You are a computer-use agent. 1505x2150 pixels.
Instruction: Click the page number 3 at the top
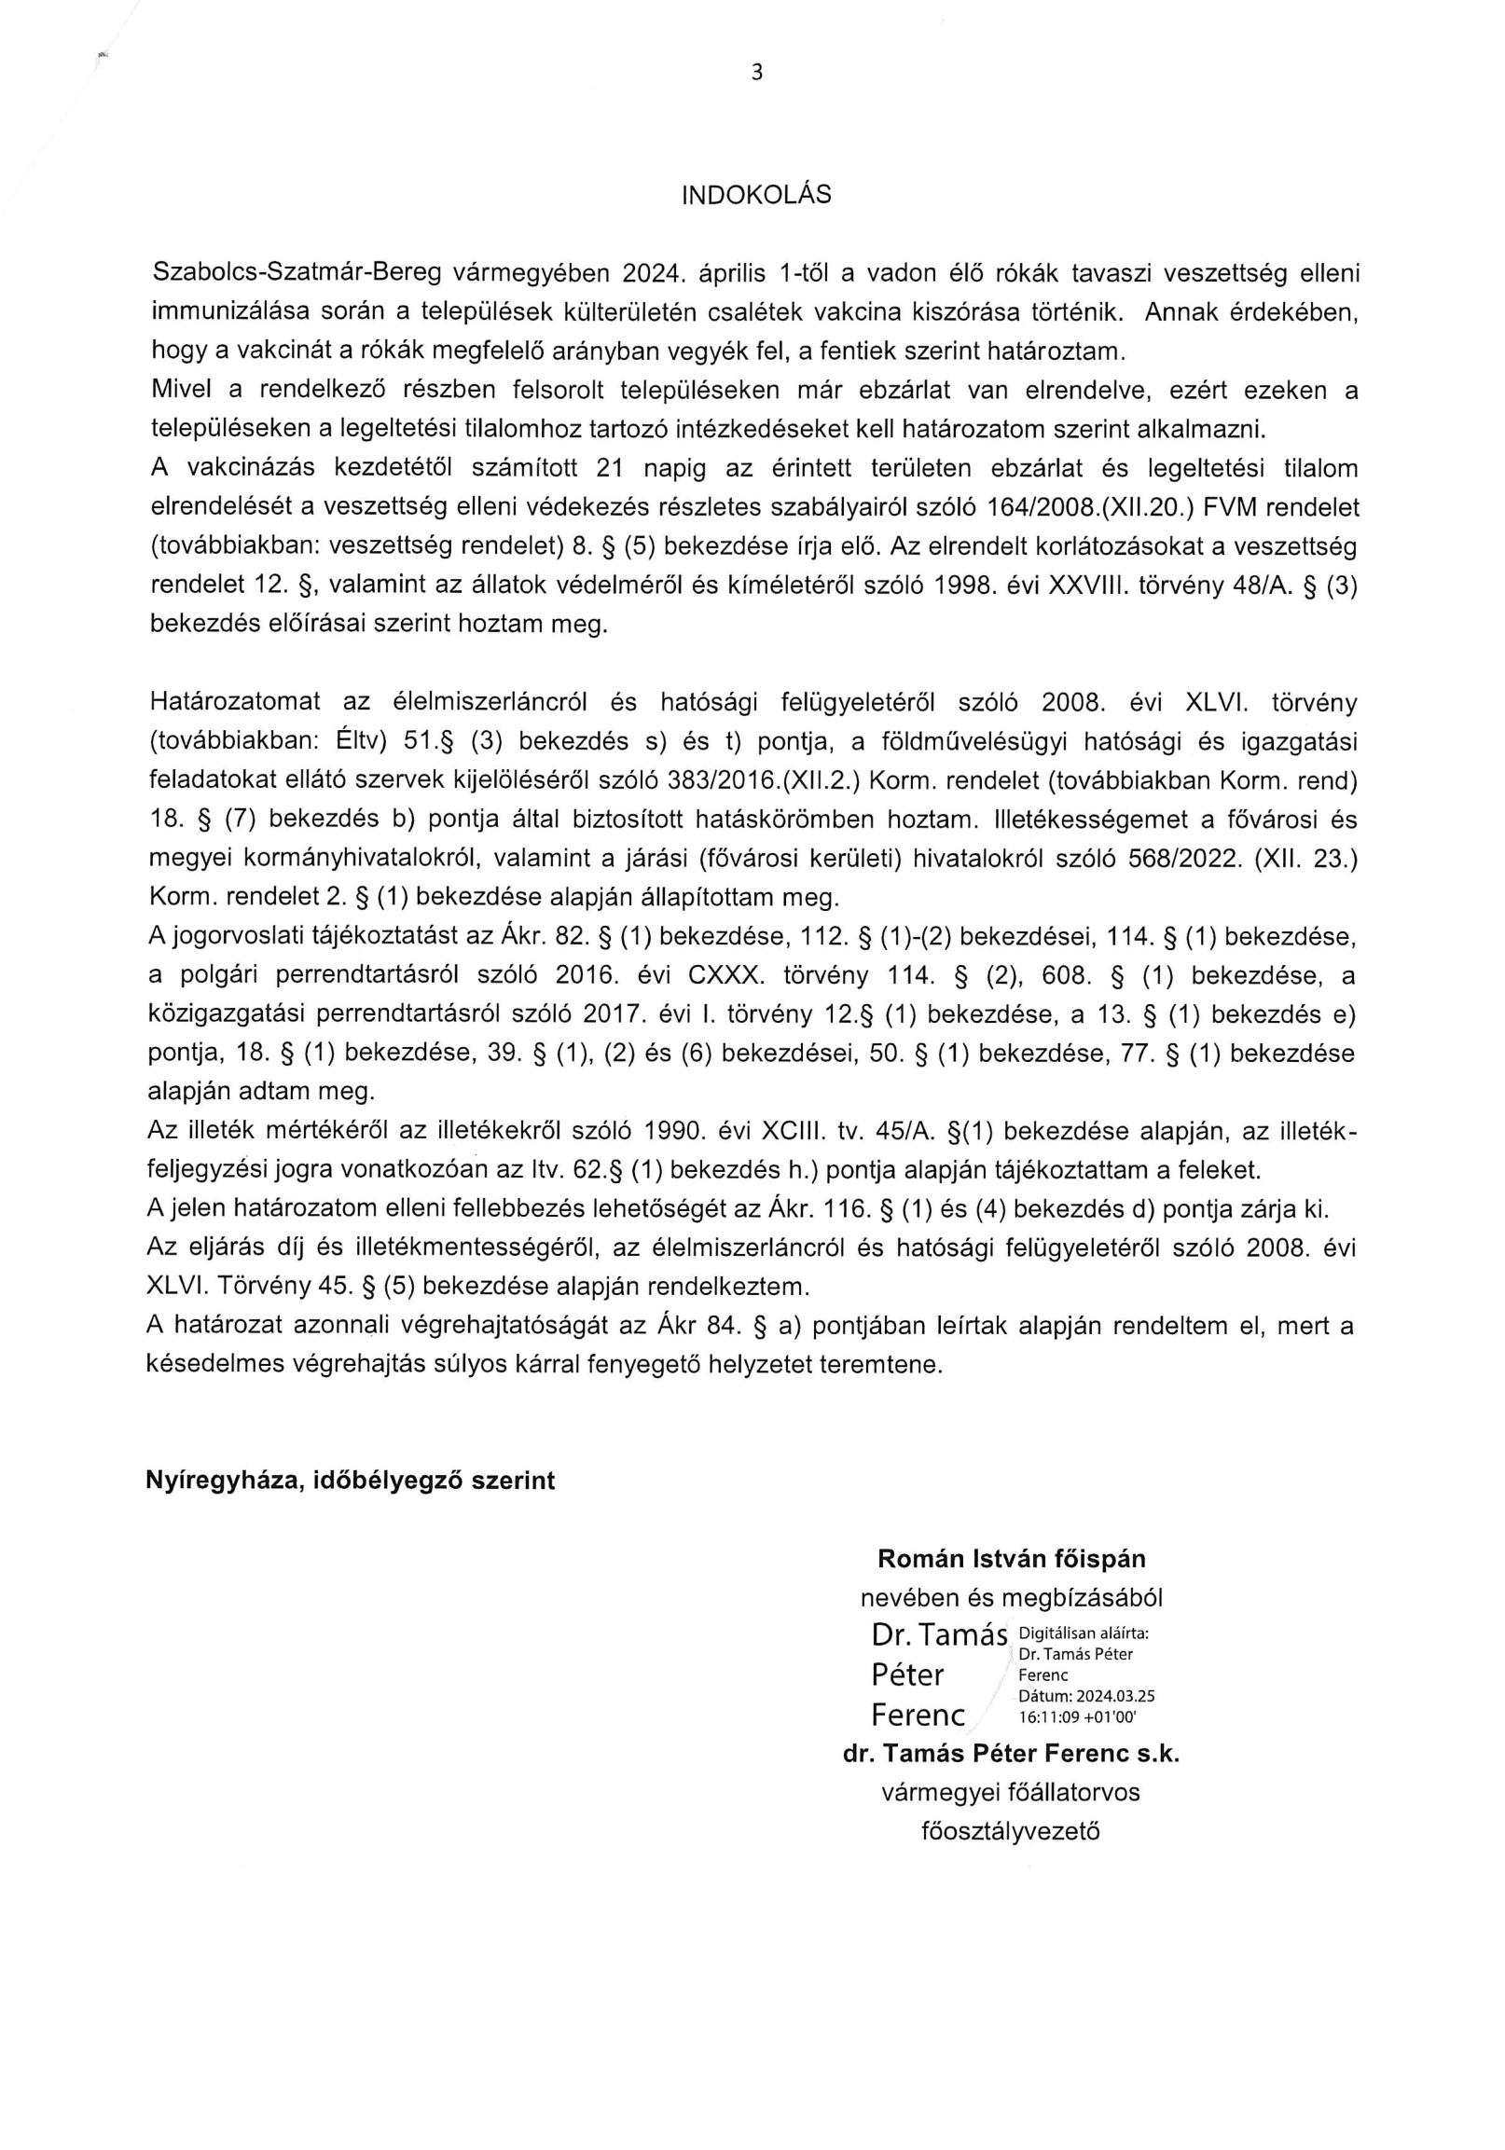click(757, 73)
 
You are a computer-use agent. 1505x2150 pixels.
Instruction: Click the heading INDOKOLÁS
click(756, 196)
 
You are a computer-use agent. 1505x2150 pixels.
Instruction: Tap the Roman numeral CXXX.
click(726, 976)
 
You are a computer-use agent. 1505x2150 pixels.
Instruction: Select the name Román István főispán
click(1012, 1559)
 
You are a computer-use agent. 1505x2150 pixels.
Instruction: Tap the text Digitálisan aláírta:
click(1081, 1633)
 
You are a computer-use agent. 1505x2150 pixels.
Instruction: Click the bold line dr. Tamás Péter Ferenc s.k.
click(1011, 1754)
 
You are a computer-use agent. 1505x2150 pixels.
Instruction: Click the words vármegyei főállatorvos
click(1011, 1792)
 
